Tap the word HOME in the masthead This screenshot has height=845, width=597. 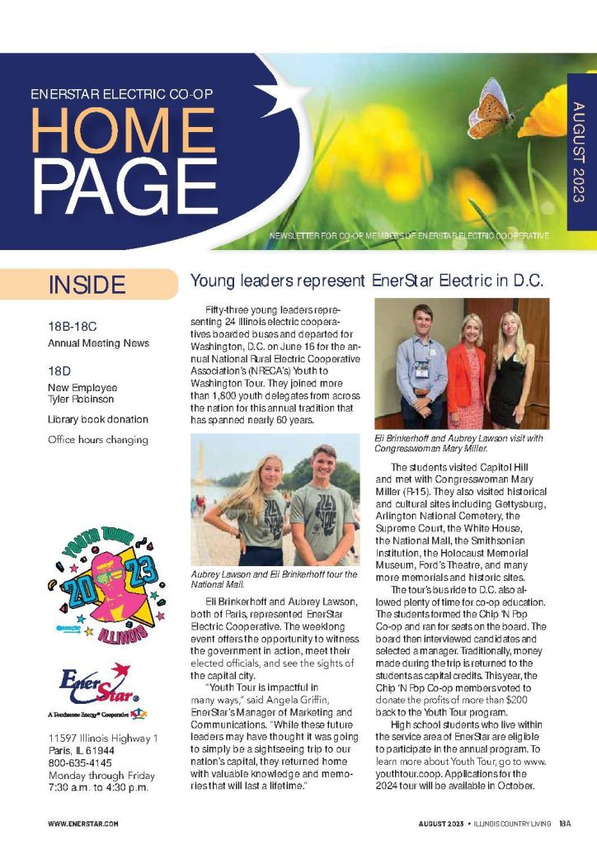coord(123,133)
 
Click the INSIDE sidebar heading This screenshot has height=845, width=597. coord(87,286)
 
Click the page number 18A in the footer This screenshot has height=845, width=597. coord(565,824)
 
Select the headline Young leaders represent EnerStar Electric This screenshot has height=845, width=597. coord(367,281)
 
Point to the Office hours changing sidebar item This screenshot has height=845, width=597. coord(98,440)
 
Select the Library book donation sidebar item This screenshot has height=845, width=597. coord(98,419)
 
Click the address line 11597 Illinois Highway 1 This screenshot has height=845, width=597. coord(103,736)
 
